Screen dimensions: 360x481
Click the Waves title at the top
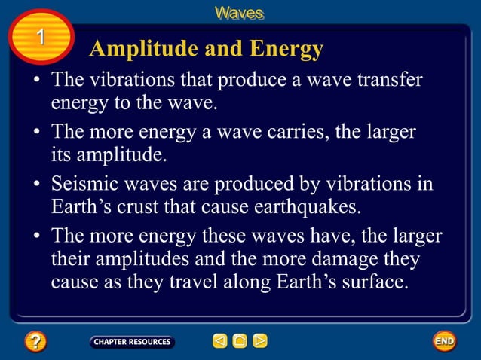pos(240,13)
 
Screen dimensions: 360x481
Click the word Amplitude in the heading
pos(138,49)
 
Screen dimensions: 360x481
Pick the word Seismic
pos(81,185)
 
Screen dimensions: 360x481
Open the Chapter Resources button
pos(132,341)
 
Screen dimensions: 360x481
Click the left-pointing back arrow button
pos(219,341)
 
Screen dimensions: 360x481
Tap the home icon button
pos(240,341)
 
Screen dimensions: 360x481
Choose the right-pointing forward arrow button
pos(260,341)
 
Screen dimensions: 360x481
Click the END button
pos(444,341)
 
